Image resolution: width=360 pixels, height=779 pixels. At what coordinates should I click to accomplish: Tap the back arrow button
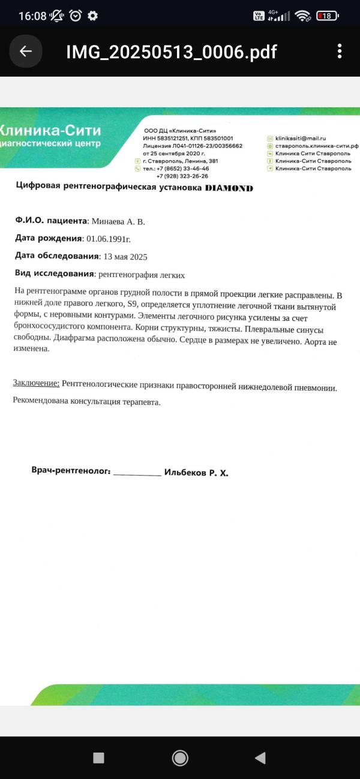point(26,52)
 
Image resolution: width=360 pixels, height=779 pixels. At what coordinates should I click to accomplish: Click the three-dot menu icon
point(340,52)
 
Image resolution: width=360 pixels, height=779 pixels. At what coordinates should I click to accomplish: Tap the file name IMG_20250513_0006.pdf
point(172,52)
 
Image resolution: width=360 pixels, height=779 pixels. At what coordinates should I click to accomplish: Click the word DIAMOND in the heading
point(229,188)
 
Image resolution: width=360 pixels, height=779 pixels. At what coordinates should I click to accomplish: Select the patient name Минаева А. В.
point(118,222)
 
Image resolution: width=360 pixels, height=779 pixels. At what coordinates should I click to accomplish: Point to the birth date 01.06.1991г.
point(109,239)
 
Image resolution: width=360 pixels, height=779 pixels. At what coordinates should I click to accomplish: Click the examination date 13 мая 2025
point(125,257)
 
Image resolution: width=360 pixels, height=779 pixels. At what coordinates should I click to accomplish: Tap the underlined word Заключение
point(36,383)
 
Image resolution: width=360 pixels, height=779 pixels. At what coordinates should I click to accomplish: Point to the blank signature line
point(137,473)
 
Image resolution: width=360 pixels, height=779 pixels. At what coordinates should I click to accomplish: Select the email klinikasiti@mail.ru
point(300,138)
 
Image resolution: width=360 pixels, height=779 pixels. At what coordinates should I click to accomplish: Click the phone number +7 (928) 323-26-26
point(182,176)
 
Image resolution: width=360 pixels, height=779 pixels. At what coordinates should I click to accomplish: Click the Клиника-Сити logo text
point(50,131)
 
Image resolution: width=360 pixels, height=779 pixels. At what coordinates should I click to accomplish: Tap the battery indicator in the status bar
point(327,16)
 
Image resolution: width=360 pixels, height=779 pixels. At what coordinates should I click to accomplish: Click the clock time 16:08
point(32,16)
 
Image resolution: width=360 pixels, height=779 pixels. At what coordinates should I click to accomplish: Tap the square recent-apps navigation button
point(99,758)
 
